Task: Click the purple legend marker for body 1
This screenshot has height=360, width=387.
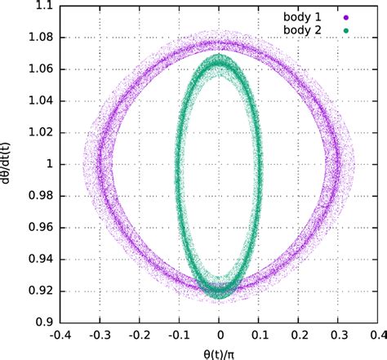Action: tap(368, 16)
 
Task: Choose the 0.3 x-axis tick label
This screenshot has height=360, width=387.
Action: tap(340, 336)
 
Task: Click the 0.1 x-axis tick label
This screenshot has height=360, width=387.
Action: tap(260, 336)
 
